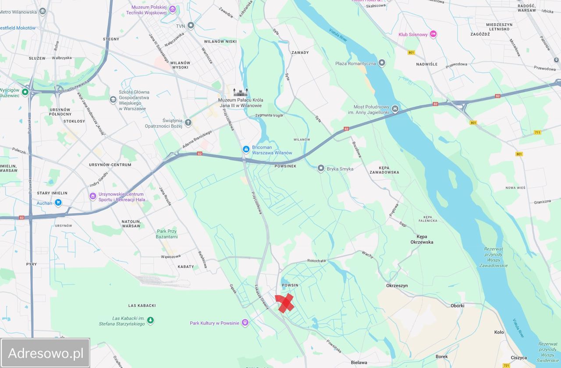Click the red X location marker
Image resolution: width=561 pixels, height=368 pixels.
284,303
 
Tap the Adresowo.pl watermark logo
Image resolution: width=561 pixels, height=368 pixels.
46,353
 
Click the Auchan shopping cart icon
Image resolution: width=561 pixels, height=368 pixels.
58,203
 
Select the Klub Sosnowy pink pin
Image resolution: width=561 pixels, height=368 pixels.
433,34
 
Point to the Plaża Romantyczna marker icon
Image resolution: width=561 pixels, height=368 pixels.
382,63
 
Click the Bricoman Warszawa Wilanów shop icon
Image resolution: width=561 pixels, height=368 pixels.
246,150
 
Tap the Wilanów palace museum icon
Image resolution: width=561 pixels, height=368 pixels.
240,92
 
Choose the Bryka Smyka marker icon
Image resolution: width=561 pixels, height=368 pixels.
321,168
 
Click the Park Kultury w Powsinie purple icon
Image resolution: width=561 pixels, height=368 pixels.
245,323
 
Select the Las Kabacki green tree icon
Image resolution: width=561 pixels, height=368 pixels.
150,320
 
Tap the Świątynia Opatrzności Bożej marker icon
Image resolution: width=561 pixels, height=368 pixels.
188,122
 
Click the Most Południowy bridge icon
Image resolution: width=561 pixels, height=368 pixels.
395,109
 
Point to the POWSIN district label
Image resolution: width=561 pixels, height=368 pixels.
290,285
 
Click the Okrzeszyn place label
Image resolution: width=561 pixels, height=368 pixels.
397,286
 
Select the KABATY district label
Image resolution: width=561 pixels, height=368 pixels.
185,267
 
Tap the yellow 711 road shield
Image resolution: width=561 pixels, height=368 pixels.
537,132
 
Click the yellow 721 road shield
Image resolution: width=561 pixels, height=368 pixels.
507,365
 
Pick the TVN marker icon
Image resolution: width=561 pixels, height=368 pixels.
191,25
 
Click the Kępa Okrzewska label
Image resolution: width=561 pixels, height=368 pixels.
422,239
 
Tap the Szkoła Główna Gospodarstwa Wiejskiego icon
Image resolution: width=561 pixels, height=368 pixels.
113,100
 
